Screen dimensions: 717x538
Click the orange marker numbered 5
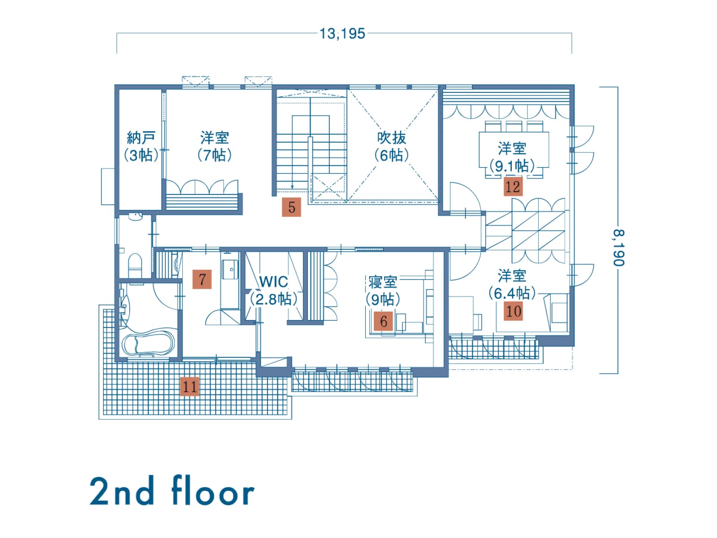(x=291, y=207)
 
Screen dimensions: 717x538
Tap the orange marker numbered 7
(x=202, y=279)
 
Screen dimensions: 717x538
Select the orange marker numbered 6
(x=383, y=321)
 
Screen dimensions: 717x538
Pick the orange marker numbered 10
(x=513, y=311)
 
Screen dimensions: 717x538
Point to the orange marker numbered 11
(x=190, y=386)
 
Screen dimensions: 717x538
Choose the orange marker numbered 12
(x=513, y=187)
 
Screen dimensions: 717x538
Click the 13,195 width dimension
(x=342, y=34)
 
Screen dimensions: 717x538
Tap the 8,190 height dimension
(x=618, y=248)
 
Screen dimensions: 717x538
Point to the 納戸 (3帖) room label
(x=141, y=146)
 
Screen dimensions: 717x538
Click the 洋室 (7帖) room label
(x=215, y=146)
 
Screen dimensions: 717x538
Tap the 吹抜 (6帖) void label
(x=391, y=146)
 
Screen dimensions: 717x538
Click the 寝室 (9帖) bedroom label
(x=383, y=291)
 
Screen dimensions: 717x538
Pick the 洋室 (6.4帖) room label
(x=512, y=285)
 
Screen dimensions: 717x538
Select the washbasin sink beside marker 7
(x=230, y=269)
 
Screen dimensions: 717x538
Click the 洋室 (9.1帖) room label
(x=512, y=157)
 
